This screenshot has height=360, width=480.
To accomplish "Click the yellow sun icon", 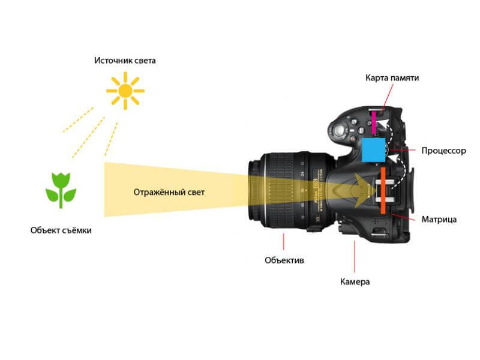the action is pos(125,91).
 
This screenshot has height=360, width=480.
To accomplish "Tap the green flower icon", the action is pos(61,190).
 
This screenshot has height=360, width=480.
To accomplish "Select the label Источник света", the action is pos(125,61).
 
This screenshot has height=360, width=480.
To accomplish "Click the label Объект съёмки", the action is pos(61,230).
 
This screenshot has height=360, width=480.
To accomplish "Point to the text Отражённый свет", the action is pos(169,192).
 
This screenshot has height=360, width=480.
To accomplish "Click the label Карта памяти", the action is pos(392,78).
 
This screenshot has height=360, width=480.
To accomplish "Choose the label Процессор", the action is pos(443,151).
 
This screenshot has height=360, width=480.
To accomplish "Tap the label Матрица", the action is pos(439,219).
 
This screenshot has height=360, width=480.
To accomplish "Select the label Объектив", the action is pos(284,260).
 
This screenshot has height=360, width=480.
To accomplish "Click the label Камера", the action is pos(355,281).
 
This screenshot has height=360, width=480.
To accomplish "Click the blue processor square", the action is pos(373,149).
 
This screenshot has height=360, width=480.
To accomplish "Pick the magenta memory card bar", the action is pos(374,123).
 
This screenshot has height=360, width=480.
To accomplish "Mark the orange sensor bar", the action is pos(383,190).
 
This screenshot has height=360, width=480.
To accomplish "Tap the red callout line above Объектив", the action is pos(284,242).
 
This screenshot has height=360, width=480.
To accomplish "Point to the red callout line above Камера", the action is pos(355,257).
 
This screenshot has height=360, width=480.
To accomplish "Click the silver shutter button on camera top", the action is pos(338,131).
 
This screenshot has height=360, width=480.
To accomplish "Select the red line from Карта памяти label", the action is pos(388,97).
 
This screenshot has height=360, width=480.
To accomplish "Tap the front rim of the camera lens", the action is pos(253,190).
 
